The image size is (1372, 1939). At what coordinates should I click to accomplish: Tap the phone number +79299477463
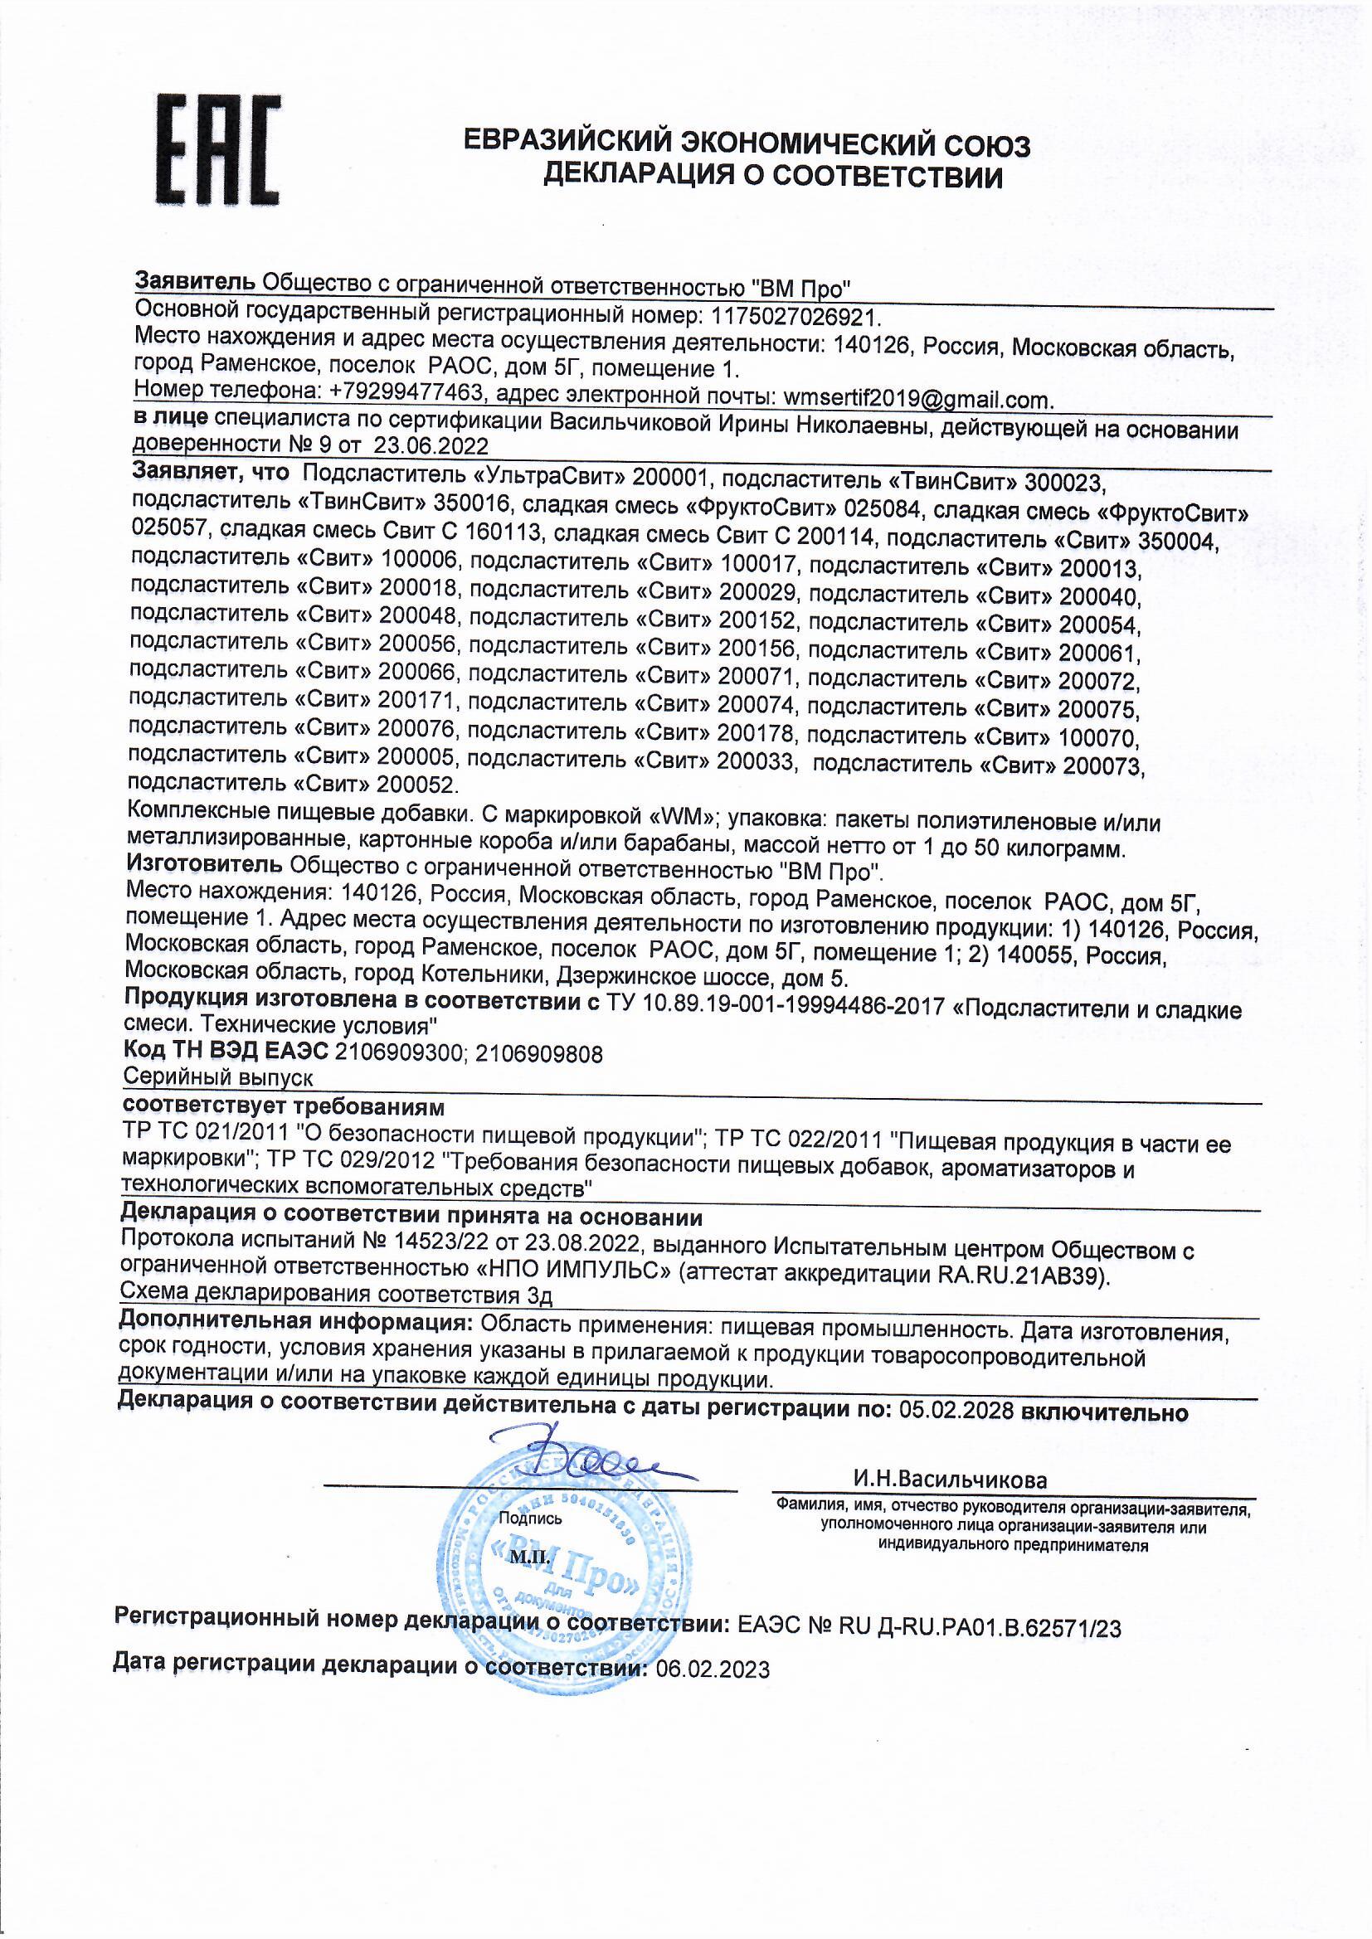pos(406,395)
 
